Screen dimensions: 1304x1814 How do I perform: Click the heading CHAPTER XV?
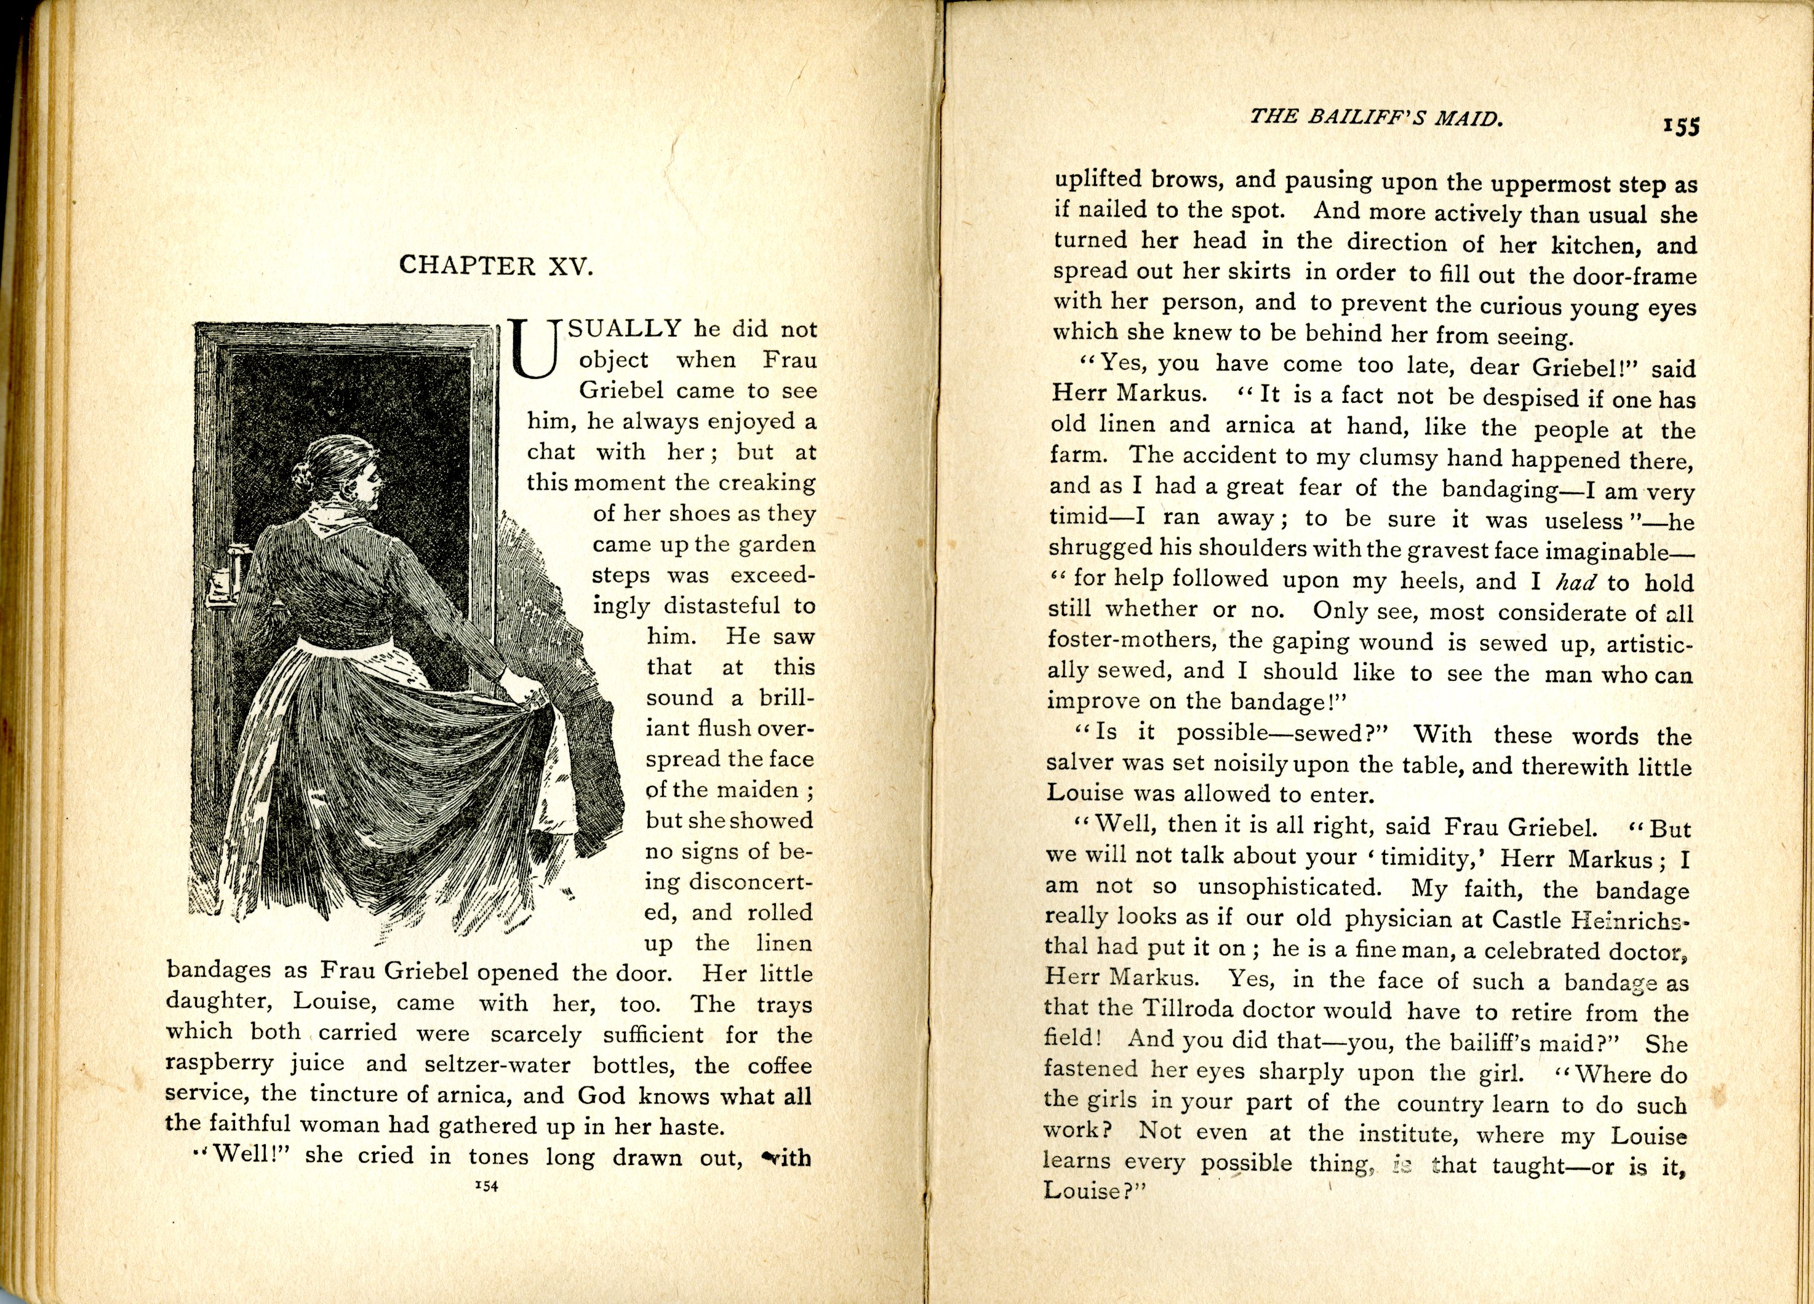(x=496, y=266)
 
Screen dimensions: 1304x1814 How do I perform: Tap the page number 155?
(x=1680, y=126)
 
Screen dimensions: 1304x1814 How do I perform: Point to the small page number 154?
(x=486, y=1187)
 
